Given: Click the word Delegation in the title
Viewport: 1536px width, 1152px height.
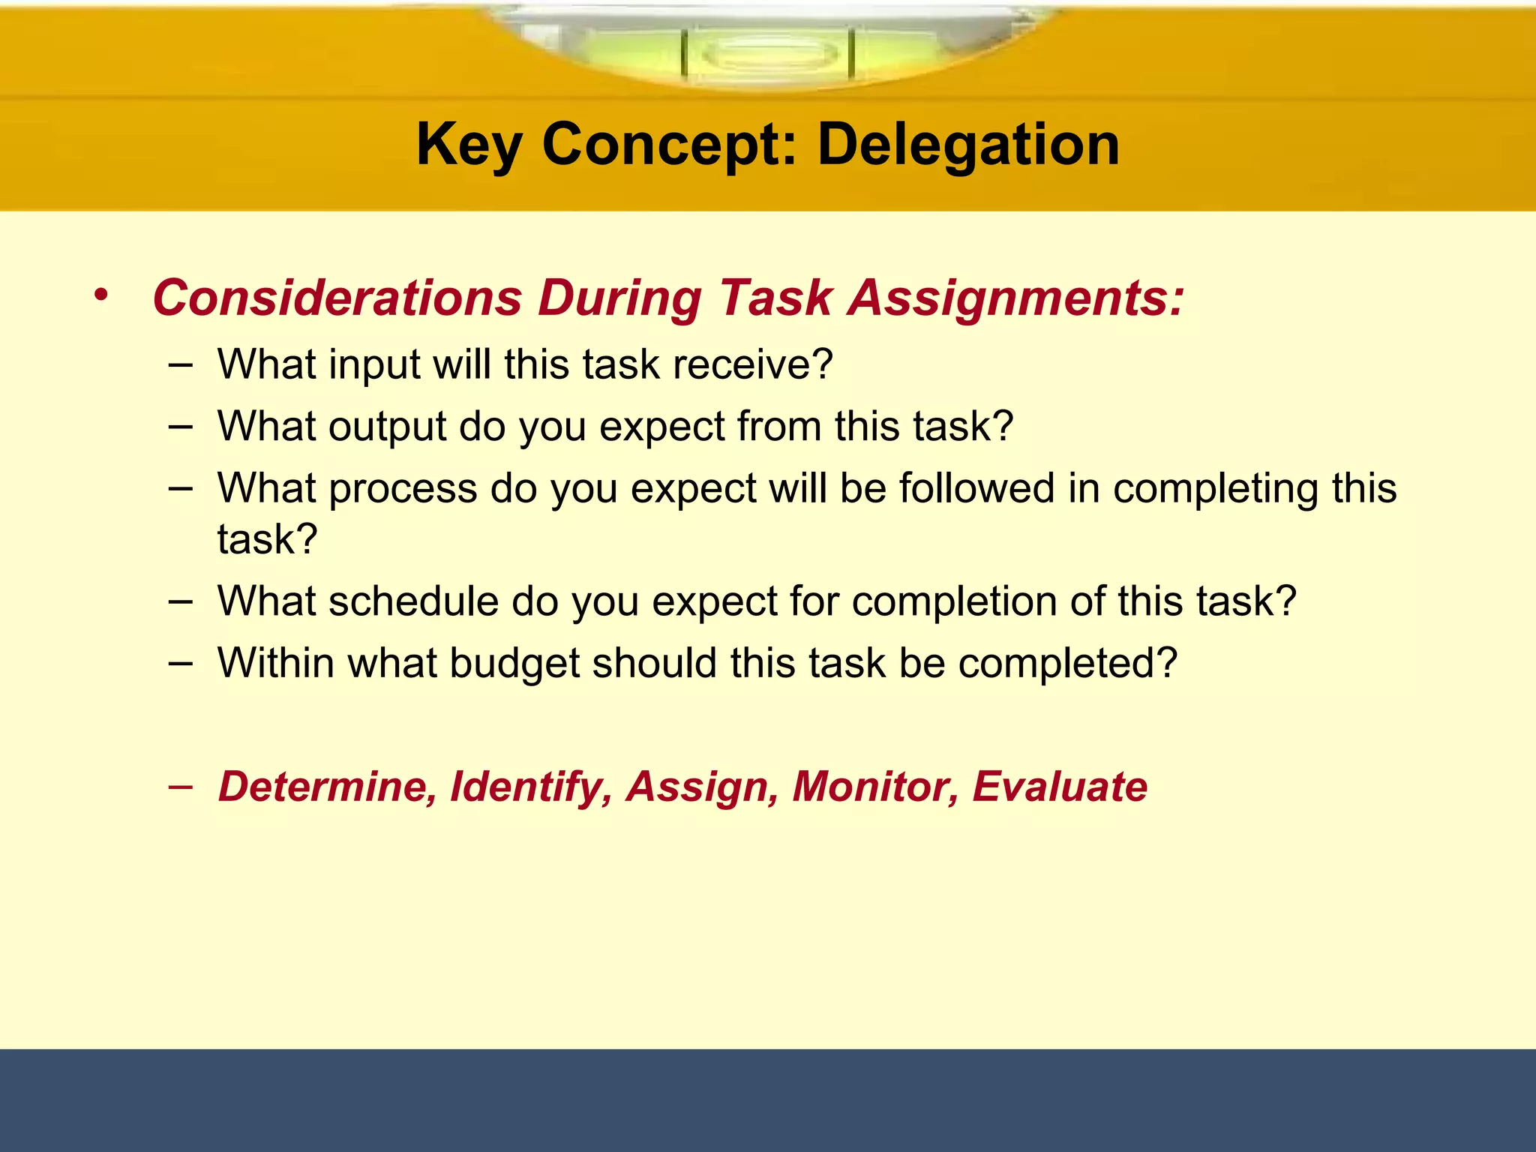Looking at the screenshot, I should (x=968, y=144).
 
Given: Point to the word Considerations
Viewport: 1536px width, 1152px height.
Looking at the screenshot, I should (x=337, y=298).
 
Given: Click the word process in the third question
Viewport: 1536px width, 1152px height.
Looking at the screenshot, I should (x=403, y=488).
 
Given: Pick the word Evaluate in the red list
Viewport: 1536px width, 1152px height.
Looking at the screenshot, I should (x=1060, y=786).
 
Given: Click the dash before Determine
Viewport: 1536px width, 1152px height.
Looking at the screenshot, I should (x=180, y=786).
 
